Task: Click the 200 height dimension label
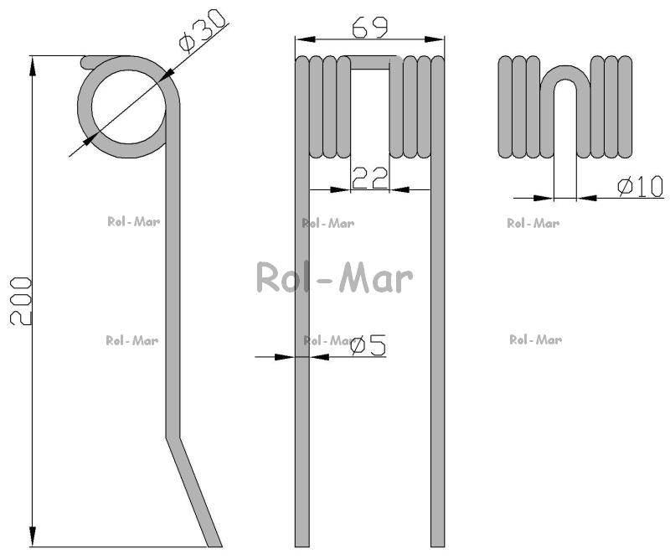coord(20,301)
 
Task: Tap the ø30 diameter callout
coord(202,31)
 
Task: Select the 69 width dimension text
coord(369,28)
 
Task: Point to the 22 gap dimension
coord(370,179)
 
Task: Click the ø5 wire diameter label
coord(368,344)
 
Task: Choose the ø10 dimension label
coord(641,187)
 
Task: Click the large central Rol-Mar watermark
coord(334,277)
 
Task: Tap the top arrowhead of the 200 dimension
coord(33,66)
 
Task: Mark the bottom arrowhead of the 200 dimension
coord(33,536)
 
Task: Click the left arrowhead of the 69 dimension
coord(306,39)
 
